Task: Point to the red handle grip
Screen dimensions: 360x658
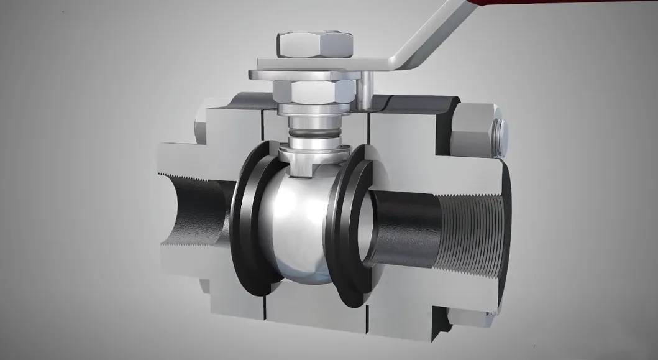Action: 485,5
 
